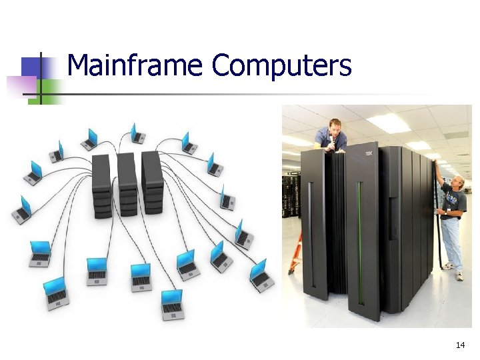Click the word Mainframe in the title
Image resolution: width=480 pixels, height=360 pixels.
[x=135, y=65]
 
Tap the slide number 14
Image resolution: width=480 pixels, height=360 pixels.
[x=460, y=345]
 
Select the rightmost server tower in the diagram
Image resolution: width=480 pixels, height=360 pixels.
[x=152, y=181]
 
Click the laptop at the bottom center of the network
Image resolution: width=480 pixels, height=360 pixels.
[x=172, y=304]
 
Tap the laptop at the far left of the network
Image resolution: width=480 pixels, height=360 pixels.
[x=23, y=209]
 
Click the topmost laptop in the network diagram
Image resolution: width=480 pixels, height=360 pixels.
[x=137, y=133]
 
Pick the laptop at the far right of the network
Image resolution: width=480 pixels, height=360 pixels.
[x=260, y=273]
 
